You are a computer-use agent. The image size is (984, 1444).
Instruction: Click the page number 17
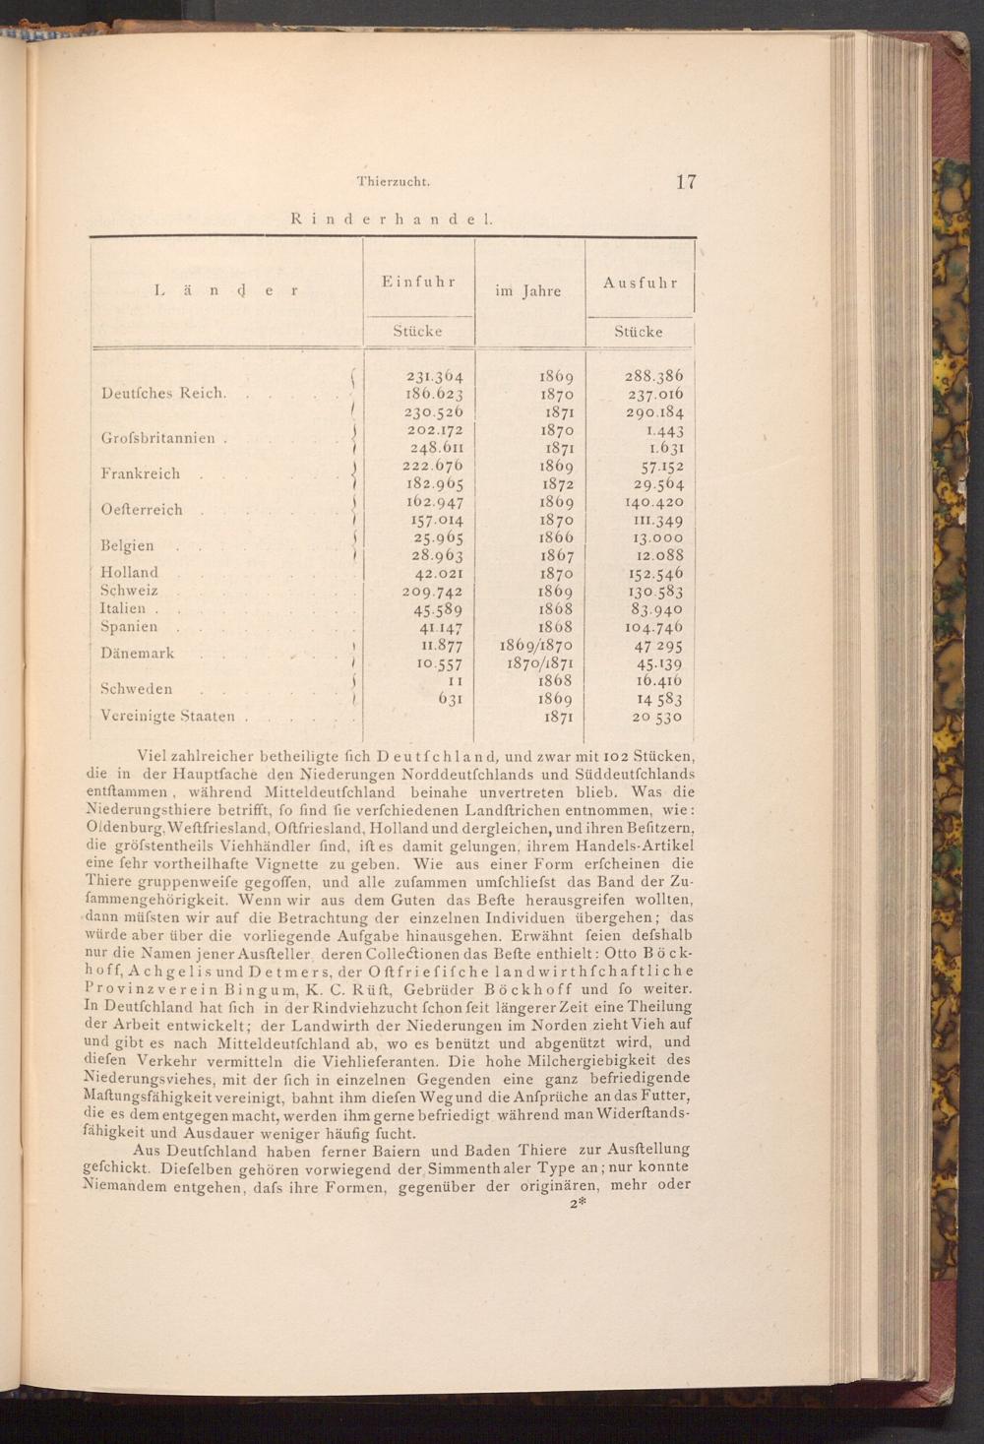pos(686,181)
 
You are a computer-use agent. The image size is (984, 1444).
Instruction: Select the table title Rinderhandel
pos(392,219)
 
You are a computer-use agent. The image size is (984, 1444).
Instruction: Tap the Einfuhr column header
pos(418,282)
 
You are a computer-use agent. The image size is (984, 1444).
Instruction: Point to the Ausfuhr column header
pos(641,283)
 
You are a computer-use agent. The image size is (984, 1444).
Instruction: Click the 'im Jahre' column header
pos(527,290)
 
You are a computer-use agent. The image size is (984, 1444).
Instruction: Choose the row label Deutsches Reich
pos(163,393)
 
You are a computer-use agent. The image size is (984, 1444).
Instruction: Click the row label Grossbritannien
pos(158,438)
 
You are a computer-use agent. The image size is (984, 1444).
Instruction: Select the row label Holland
pos(129,572)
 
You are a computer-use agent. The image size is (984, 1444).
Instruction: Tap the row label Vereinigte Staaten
pos(167,716)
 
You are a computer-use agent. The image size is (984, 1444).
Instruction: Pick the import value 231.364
pos(434,376)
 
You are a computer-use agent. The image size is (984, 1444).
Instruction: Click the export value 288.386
pos(653,376)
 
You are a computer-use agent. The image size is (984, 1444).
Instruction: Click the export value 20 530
pos(657,717)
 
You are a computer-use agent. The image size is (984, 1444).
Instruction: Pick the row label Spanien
pos(129,626)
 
